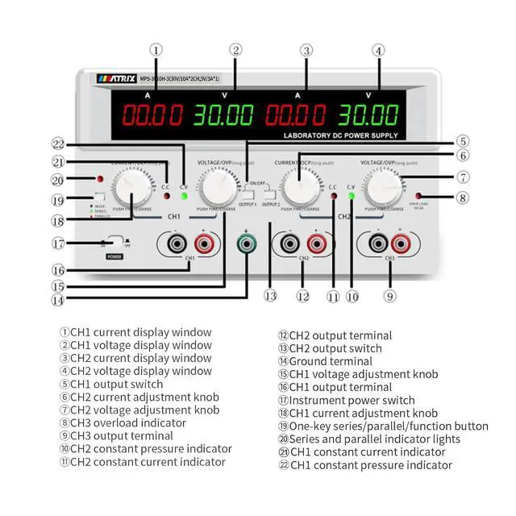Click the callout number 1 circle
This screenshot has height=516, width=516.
click(x=156, y=49)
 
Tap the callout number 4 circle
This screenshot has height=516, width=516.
click(x=377, y=49)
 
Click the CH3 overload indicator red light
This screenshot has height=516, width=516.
click(x=418, y=196)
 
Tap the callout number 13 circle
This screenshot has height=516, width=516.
click(x=270, y=296)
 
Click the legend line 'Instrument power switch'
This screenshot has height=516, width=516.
click(x=346, y=400)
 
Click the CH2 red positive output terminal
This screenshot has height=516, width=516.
click(x=317, y=242)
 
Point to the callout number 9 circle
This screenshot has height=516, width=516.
click(x=389, y=296)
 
